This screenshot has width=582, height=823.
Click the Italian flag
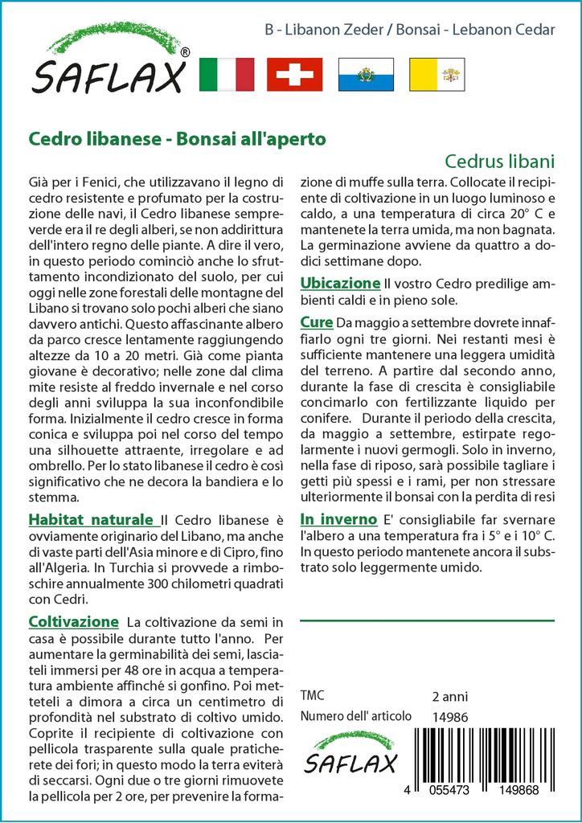coord(226,74)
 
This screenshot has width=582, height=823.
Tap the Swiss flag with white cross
coord(295,74)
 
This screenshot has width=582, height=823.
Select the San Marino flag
coord(366,74)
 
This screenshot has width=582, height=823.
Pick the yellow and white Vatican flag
coord(436,74)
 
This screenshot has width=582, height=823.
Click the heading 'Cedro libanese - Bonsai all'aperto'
coord(177,138)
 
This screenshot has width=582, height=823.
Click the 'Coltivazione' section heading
coord(74,622)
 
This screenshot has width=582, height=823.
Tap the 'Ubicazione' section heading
coord(339,283)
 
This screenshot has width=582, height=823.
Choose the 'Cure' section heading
coord(317,322)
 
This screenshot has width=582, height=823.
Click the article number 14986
coord(450,717)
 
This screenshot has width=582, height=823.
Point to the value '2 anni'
coord(449,696)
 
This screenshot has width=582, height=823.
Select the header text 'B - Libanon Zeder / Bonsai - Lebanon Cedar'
coord(409,31)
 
